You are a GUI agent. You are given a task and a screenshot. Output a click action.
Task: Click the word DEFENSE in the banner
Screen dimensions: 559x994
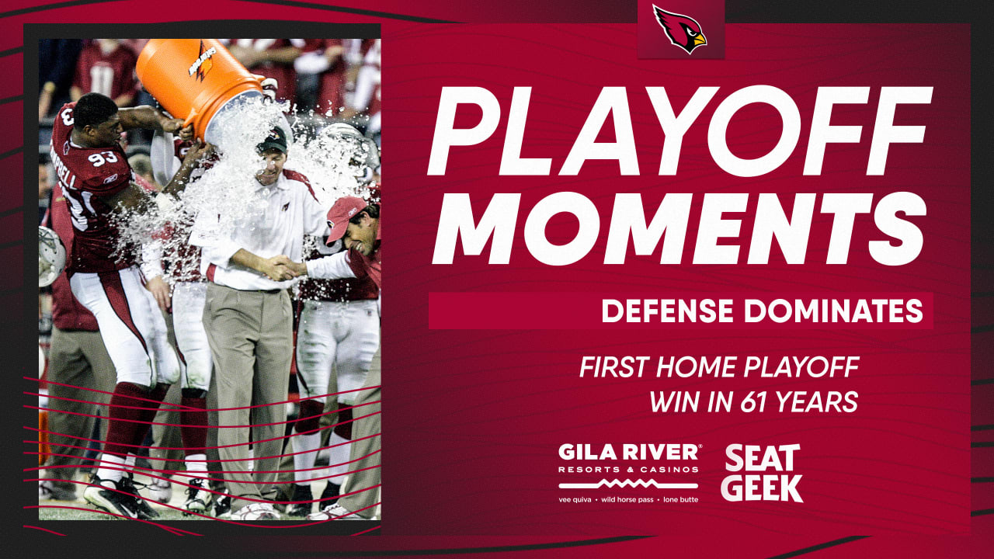pos(668,311)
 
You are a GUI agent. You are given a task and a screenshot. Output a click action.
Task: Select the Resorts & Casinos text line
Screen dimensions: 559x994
pos(629,469)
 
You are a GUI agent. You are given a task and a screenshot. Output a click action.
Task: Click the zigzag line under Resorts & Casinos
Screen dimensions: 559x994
pos(629,484)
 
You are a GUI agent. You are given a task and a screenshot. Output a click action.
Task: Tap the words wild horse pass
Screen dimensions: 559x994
pos(629,499)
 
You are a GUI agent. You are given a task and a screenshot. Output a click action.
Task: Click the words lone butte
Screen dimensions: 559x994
pos(679,499)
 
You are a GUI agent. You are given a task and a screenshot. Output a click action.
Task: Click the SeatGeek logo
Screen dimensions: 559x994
pos(761,473)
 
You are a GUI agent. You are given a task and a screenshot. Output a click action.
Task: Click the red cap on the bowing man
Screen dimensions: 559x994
pos(345,216)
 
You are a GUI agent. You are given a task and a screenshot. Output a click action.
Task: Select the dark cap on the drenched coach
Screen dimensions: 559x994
pos(272,141)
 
